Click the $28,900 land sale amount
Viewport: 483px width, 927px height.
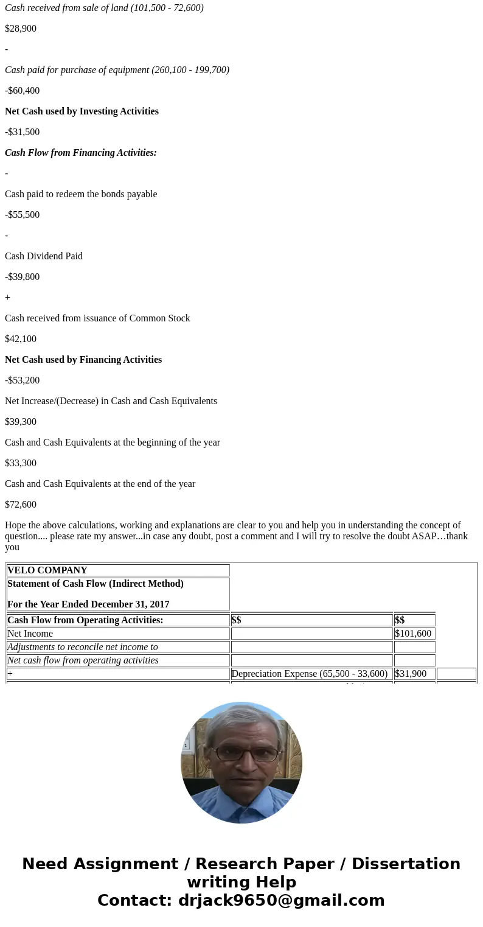(21, 29)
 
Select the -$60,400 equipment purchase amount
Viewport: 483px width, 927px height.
(23, 91)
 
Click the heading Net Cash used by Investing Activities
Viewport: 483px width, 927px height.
(82, 111)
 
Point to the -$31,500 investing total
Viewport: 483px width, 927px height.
(23, 132)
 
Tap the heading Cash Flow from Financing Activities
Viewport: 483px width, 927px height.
(81, 153)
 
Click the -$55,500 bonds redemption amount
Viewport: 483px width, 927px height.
(23, 215)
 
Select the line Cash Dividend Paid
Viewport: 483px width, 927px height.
(44, 256)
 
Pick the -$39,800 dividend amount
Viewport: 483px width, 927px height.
(23, 277)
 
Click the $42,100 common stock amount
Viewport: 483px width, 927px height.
(21, 339)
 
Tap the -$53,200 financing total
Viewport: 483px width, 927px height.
(23, 380)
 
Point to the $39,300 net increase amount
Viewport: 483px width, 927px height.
(21, 422)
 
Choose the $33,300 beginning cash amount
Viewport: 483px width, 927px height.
(21, 463)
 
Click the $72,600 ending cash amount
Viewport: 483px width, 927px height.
(21, 505)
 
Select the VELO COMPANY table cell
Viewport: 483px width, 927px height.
(117, 570)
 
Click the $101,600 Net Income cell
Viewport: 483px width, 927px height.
(414, 634)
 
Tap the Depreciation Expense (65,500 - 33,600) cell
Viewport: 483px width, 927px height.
(311, 674)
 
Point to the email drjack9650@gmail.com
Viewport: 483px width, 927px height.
(281, 901)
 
